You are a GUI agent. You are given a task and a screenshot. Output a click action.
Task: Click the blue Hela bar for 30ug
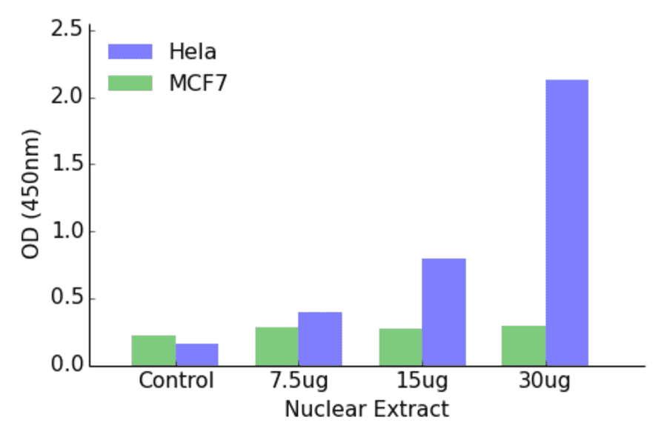567,222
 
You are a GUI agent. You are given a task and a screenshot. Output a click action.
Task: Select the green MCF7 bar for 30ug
523,346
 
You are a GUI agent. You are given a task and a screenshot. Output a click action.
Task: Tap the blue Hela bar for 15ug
444,312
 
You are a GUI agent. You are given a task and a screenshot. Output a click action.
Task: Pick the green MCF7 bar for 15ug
400,347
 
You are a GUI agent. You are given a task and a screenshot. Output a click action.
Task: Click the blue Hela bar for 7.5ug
320,339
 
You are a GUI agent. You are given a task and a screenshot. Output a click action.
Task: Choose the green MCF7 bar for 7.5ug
276,347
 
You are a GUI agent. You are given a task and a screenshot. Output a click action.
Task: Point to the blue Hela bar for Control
197,355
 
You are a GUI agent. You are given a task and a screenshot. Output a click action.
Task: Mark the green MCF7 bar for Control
153,350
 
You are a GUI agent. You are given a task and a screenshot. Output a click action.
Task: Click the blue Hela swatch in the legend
130,51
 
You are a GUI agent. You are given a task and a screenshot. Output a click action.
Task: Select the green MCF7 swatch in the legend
130,82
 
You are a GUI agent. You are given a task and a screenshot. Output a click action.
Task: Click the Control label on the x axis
176,381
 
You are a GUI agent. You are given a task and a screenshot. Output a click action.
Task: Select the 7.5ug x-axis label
299,382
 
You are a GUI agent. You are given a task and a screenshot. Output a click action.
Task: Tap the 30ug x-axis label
545,382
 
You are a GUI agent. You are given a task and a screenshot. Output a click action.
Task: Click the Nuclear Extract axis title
367,409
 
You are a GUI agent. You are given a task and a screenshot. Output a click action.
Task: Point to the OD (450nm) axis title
31,194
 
